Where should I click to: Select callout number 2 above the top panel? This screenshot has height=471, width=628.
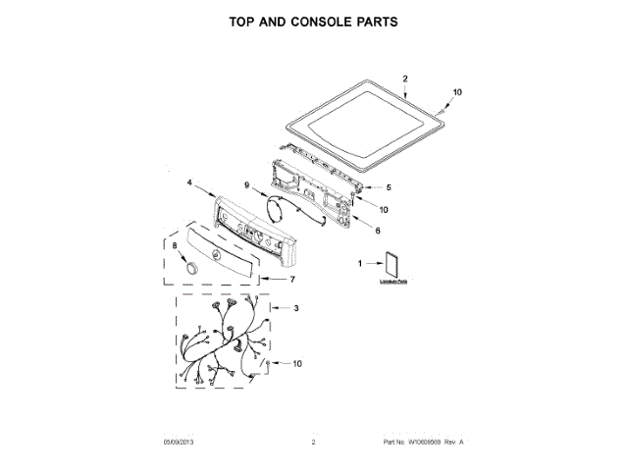pos(405,78)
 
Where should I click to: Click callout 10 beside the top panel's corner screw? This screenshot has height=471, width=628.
pos(456,92)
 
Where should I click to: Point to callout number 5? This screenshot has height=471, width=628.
pos(388,186)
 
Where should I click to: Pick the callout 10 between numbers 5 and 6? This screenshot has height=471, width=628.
pos(384,209)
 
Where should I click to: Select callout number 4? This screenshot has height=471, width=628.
pos(188,183)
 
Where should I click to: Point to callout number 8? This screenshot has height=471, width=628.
pos(175,246)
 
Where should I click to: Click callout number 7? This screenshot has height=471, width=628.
pos(292,280)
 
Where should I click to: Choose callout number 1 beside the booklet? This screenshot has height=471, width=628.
pos(360,263)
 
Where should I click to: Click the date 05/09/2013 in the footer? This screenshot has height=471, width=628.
pos(180,443)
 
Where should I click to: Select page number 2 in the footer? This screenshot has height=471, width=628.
pos(313,443)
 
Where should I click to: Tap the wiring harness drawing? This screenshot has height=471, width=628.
pos(226,343)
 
